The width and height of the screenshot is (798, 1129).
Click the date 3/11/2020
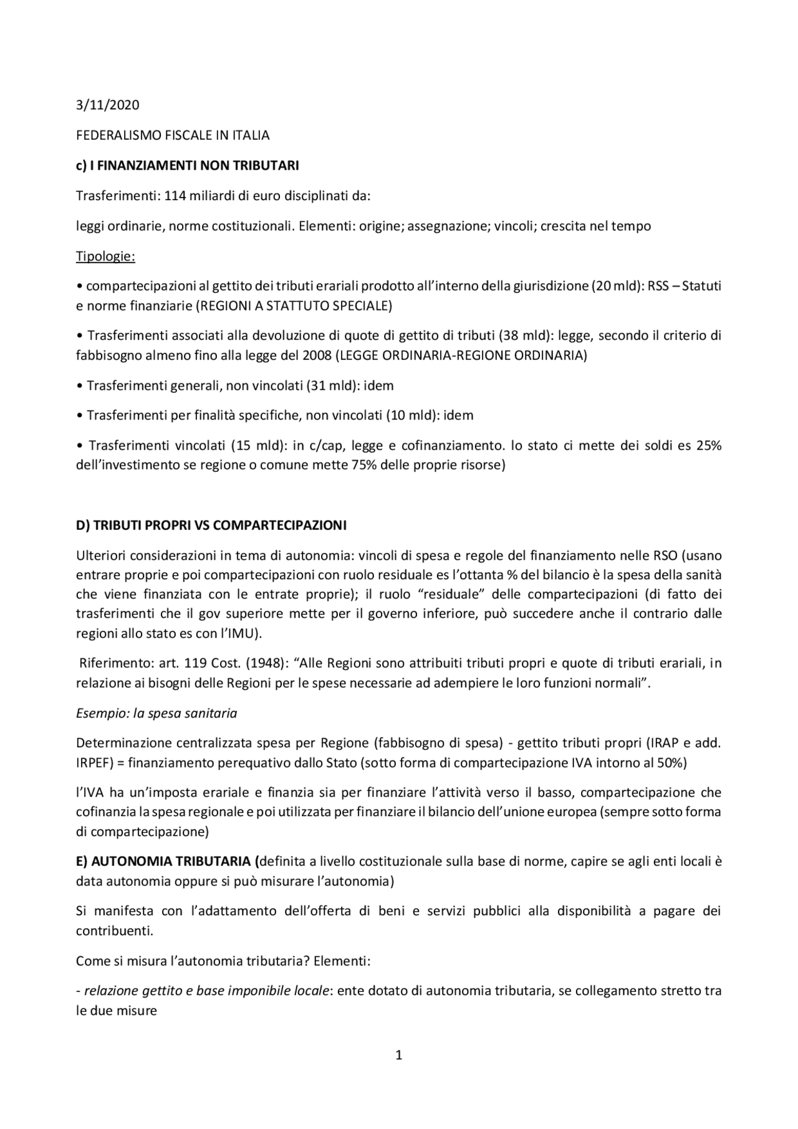[x=107, y=105]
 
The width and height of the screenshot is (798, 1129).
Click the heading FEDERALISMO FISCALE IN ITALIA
[x=173, y=135]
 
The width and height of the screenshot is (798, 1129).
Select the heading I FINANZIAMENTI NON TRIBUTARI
[x=194, y=165]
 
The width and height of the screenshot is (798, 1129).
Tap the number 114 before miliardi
[x=175, y=196]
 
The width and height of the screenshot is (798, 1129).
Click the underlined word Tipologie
[x=105, y=256]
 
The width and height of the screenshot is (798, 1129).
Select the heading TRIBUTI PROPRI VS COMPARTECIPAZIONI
[x=219, y=526]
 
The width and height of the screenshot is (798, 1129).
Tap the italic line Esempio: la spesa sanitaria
[x=156, y=713]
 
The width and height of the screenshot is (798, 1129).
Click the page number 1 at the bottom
[x=399, y=1055]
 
